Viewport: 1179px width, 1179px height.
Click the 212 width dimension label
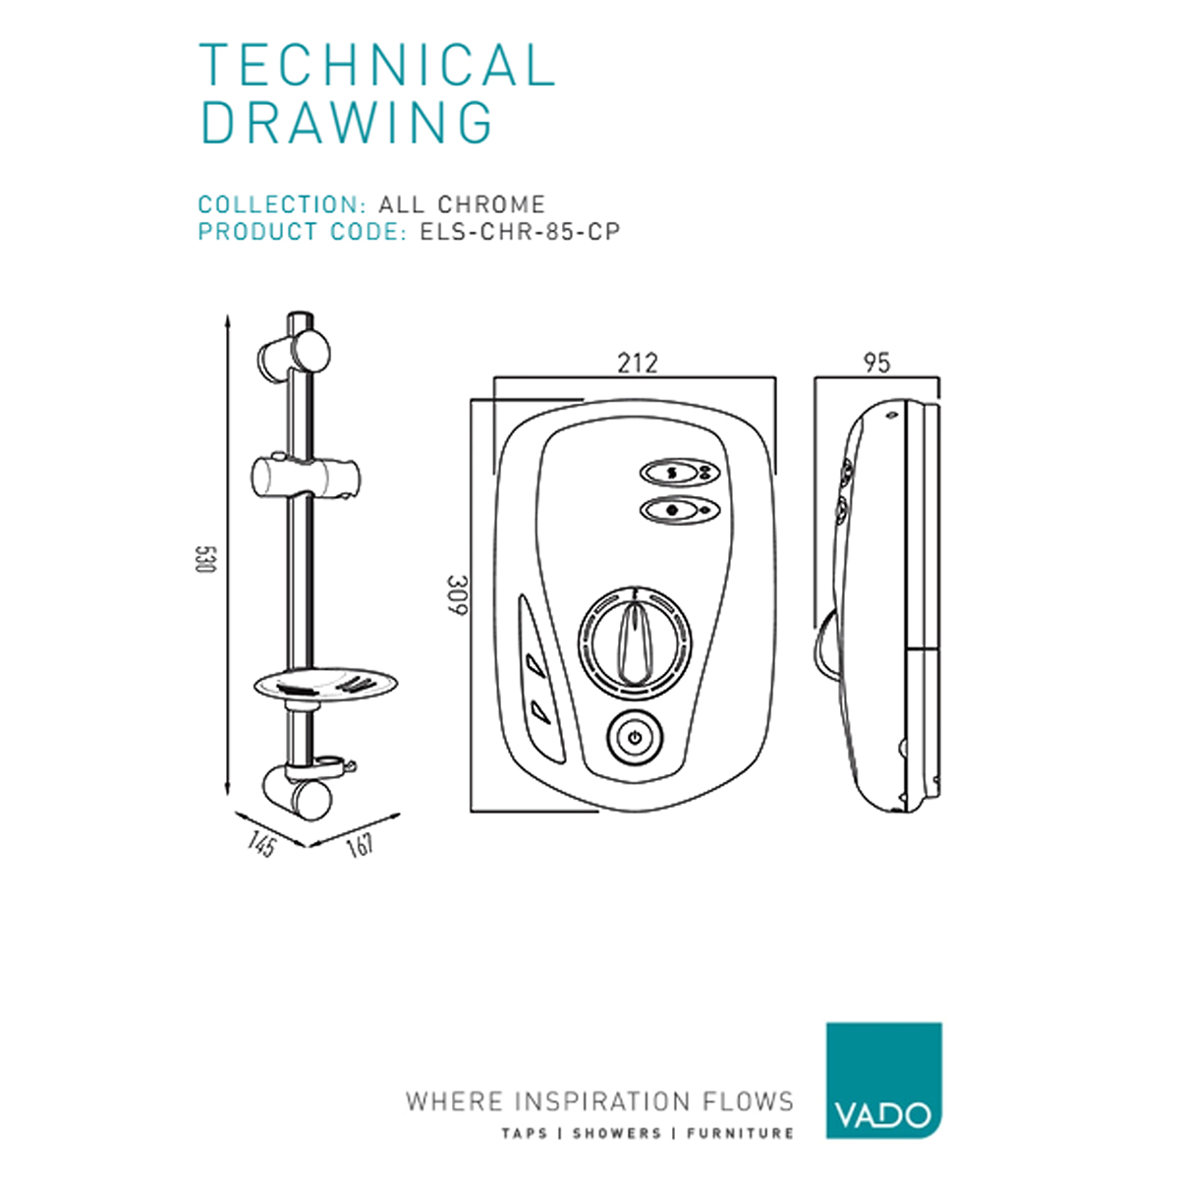tap(637, 364)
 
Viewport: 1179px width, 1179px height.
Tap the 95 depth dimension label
tap(876, 364)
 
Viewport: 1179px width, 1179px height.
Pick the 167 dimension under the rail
tap(360, 845)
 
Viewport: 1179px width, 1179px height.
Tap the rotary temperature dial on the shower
tap(635, 643)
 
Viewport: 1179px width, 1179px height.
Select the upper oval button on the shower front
tap(679, 473)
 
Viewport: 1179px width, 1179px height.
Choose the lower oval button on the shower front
tap(679, 510)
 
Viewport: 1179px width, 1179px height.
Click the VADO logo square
tap(883, 1080)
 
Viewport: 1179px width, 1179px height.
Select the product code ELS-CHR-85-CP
tap(520, 232)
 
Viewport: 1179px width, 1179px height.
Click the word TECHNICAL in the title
tap(377, 64)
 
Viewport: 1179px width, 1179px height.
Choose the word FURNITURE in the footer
tap(740, 1134)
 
